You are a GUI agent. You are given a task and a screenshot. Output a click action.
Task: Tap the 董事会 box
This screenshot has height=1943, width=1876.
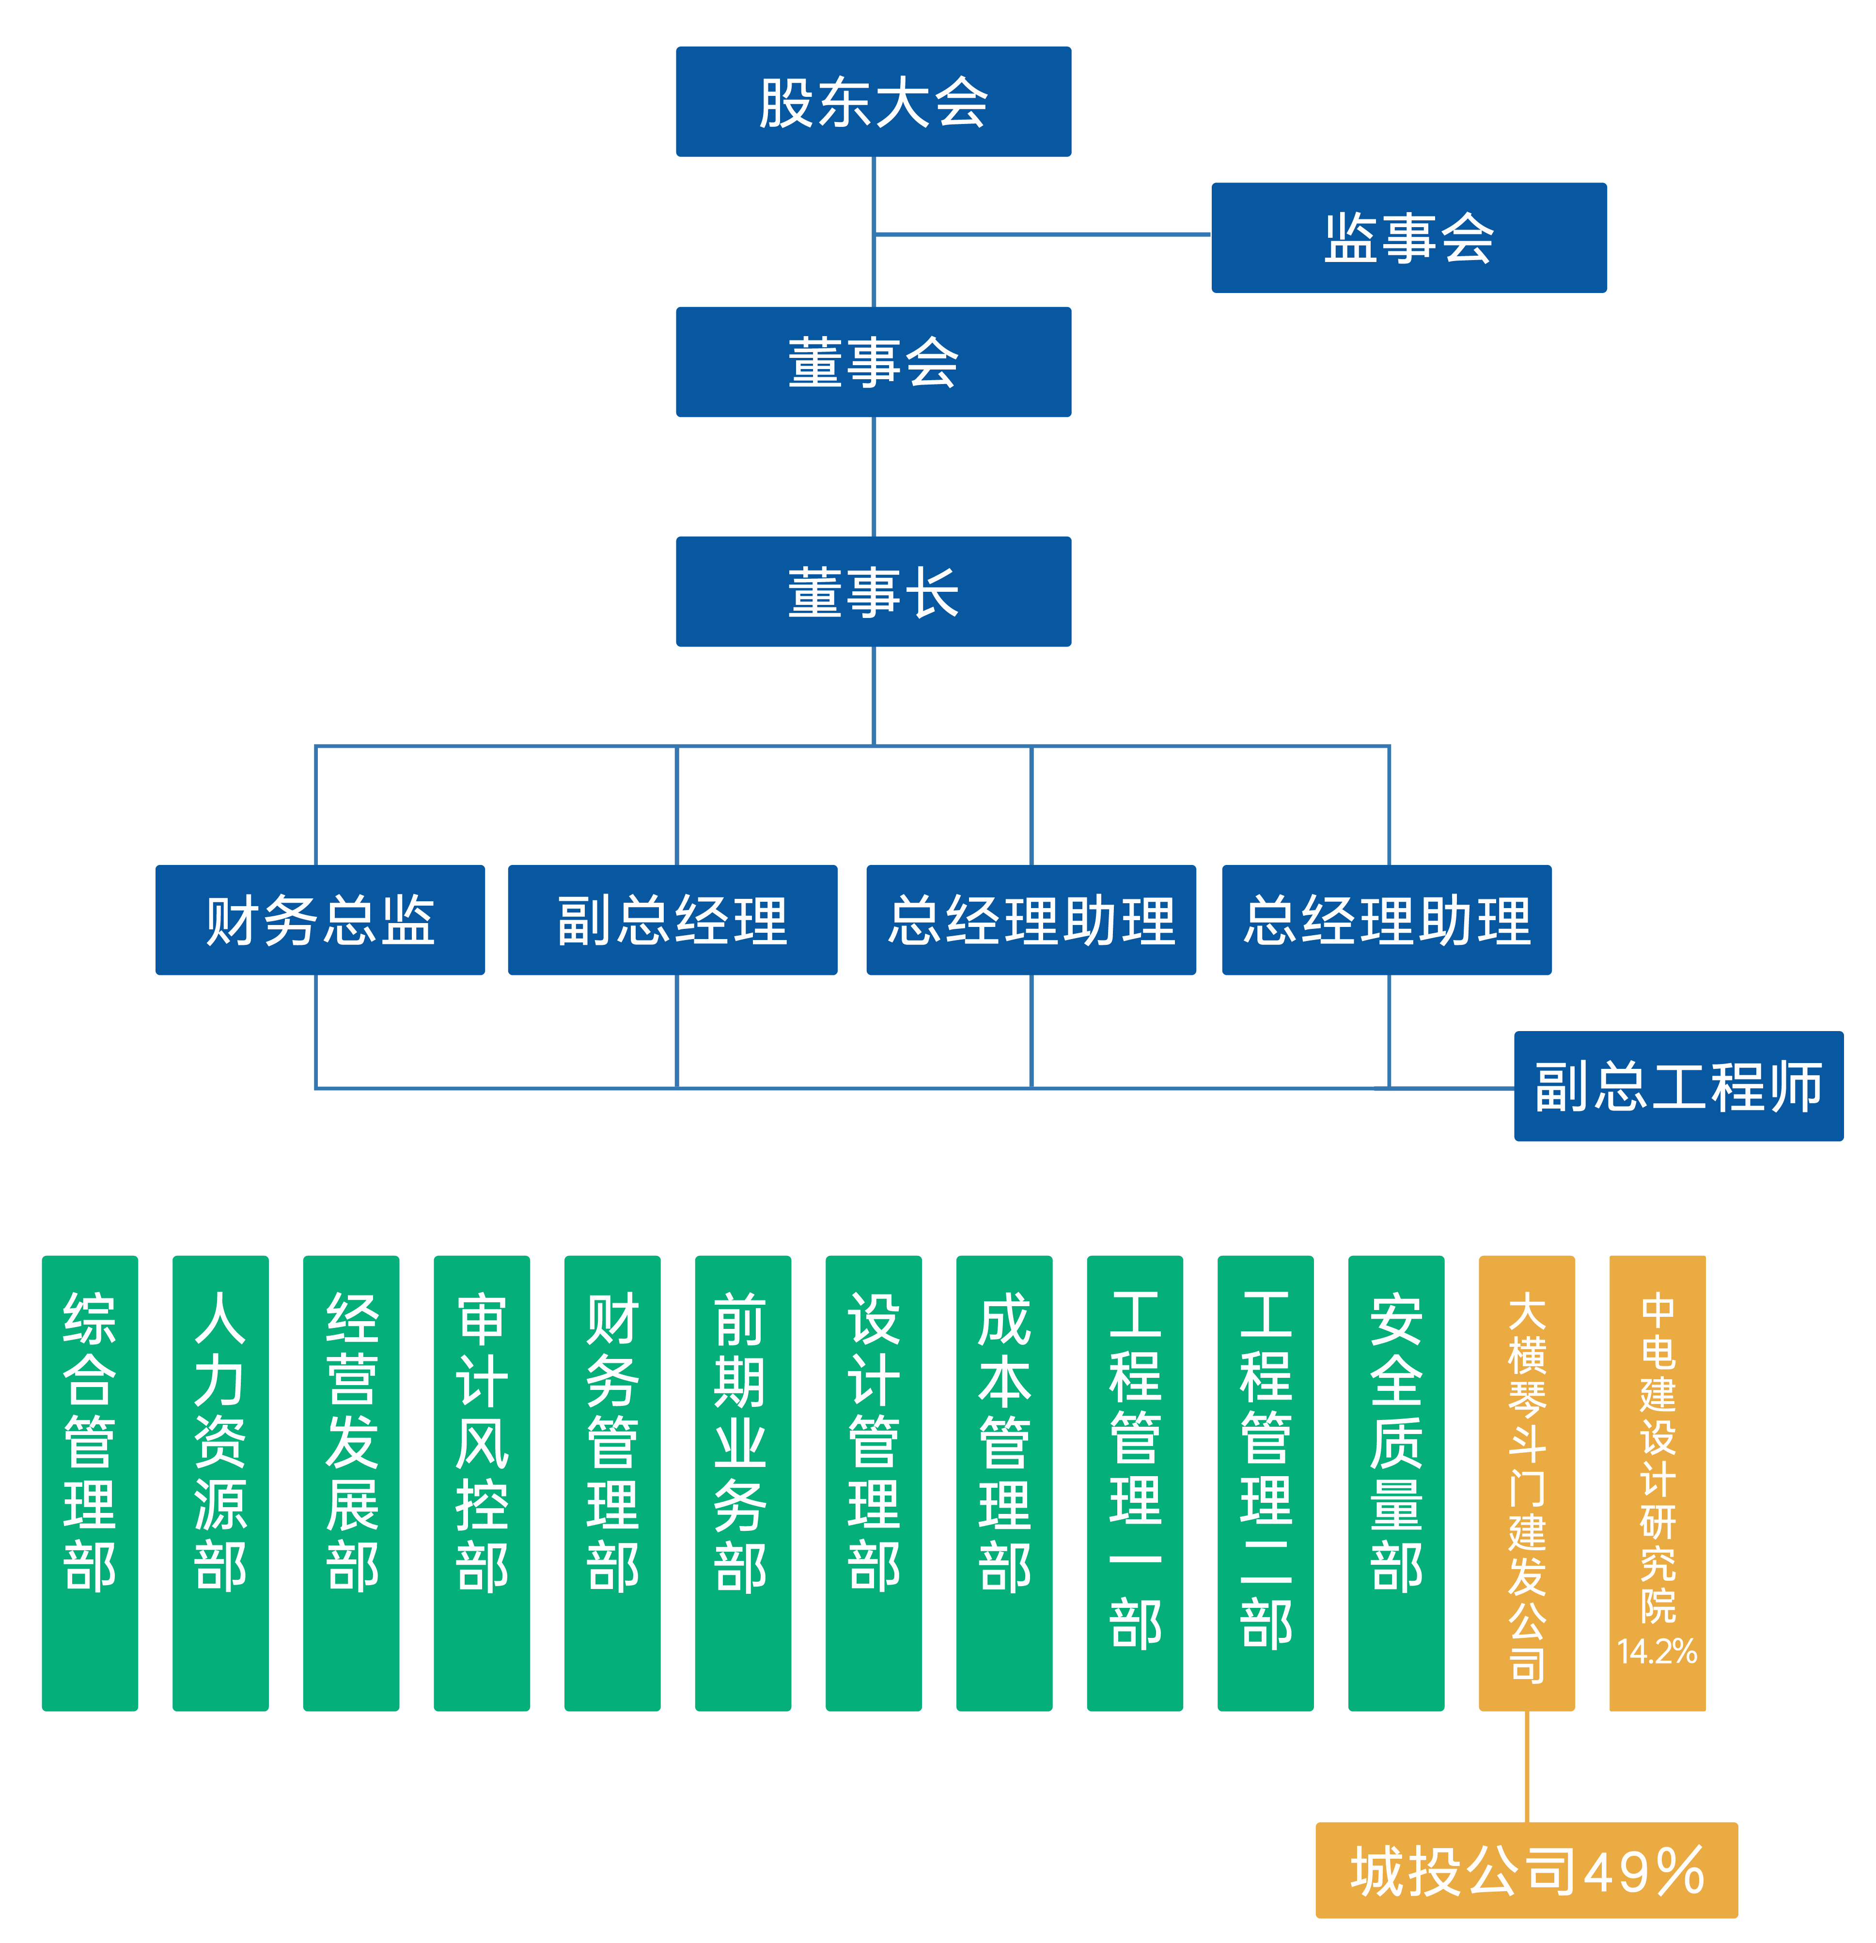tap(873, 362)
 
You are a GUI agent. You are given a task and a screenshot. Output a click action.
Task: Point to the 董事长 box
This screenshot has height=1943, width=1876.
tap(873, 592)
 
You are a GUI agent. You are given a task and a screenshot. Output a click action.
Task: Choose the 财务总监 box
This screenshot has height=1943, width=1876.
tap(319, 920)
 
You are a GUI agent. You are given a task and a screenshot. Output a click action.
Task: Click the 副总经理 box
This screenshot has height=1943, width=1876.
tap(672, 920)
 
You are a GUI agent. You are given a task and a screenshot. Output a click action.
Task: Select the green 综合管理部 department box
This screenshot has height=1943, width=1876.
tap(89, 1483)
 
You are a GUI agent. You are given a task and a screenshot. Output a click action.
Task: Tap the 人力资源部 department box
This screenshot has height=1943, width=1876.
tap(220, 1483)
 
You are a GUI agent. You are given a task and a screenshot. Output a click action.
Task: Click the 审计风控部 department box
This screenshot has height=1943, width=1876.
tap(482, 1483)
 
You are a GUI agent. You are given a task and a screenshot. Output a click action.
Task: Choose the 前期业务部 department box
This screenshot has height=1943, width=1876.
tap(743, 1483)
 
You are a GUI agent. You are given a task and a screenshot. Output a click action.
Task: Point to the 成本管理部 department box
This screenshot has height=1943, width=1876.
tap(1003, 1483)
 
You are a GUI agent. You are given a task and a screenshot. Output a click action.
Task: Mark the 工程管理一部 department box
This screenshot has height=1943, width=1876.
tap(1134, 1483)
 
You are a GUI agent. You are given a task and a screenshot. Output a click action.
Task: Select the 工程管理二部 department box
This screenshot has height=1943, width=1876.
tap(1265, 1483)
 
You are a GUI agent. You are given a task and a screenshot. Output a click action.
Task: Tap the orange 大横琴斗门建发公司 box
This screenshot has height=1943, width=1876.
tap(1526, 1483)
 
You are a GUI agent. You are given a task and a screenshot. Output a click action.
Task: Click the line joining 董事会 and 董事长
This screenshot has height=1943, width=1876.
tap(874, 476)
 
